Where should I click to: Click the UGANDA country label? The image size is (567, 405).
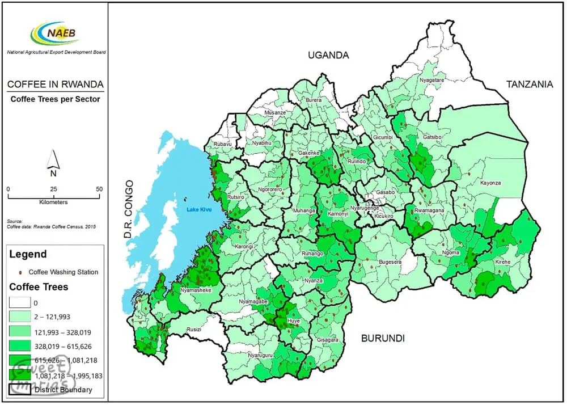[328, 55]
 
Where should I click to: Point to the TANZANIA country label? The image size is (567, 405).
[529, 85]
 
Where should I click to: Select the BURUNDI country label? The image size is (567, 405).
[383, 339]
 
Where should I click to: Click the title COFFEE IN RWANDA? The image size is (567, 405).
[55, 85]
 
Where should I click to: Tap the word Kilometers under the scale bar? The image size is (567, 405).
[53, 202]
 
